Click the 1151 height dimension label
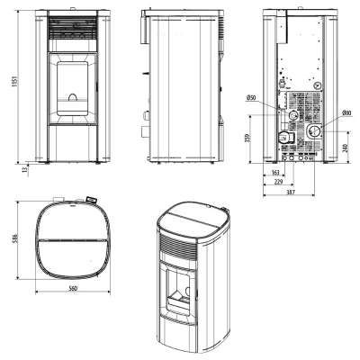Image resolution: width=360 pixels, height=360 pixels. coord(14,82)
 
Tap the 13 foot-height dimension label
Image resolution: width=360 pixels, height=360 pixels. coord(25,169)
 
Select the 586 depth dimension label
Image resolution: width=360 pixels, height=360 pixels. coord(14,238)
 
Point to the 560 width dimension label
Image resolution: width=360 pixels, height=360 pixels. coord(73,288)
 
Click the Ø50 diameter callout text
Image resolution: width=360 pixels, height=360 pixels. coord(250,97)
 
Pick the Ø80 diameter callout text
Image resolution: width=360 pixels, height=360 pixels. coord(346,113)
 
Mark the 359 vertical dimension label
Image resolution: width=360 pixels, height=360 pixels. coord(247,138)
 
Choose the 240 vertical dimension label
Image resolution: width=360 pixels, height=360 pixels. coord(345,148)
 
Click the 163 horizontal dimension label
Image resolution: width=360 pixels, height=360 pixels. coord(274,173)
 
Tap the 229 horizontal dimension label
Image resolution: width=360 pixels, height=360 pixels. coord(279,182)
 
